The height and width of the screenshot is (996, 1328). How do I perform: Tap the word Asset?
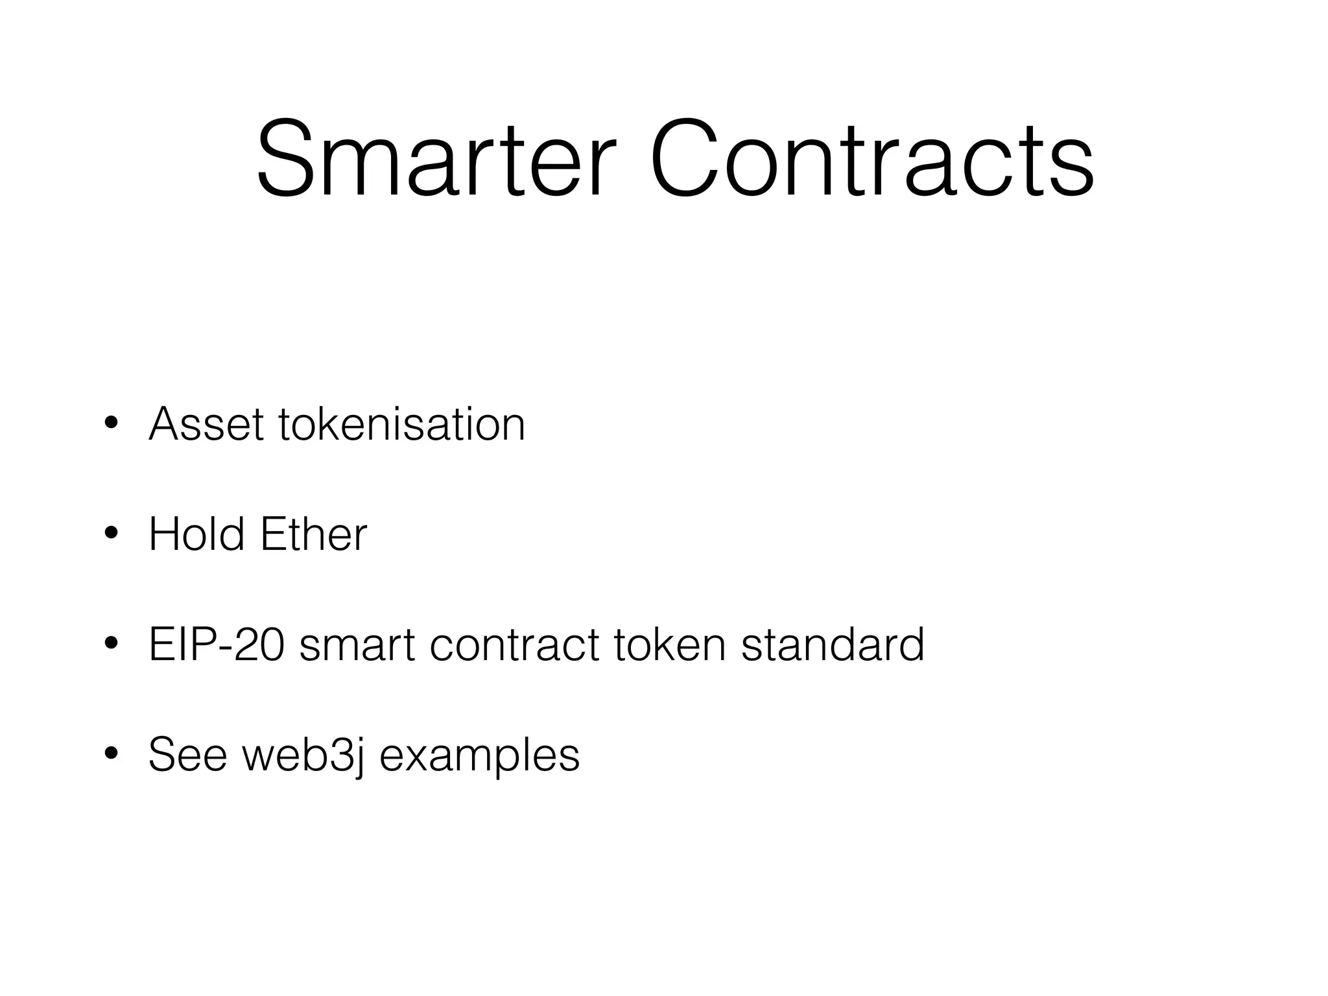(206, 424)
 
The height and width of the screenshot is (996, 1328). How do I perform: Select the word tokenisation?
(402, 424)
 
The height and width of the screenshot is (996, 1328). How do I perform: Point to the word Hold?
(196, 534)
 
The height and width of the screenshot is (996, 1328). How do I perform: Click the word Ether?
(313, 534)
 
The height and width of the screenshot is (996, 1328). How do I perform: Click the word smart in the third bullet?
(357, 646)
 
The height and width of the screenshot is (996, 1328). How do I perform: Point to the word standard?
(833, 645)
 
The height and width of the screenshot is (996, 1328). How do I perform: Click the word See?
(187, 755)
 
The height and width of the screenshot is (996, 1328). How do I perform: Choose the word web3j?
(302, 756)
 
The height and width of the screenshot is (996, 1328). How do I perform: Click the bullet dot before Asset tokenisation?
(111, 425)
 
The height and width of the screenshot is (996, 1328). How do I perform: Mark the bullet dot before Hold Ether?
(111, 535)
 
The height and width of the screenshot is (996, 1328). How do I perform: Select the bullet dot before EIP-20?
(111, 645)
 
